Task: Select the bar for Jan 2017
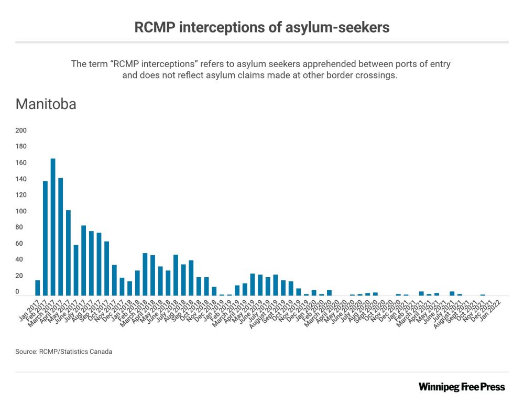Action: [x=38, y=288]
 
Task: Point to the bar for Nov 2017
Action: [x=114, y=280]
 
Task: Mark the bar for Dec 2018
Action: [x=214, y=291]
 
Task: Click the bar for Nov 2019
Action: [x=298, y=292]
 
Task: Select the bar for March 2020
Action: [x=329, y=292]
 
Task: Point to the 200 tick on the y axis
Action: [x=21, y=130]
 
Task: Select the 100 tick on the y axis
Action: [x=21, y=211]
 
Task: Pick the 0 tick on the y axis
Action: [x=17, y=292]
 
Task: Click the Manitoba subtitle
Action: [x=46, y=104]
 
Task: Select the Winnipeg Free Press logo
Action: [x=462, y=387]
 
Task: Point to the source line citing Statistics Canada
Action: [x=64, y=352]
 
